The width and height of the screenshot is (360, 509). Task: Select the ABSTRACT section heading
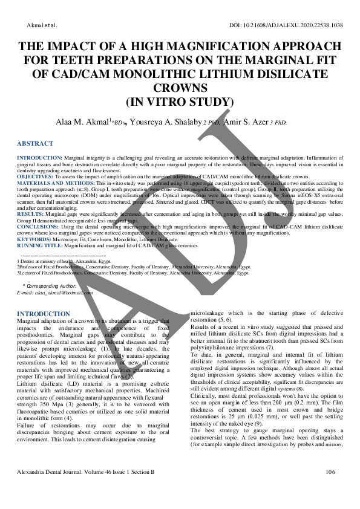[x=35, y=144]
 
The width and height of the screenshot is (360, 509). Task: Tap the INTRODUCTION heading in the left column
[x=44, y=314]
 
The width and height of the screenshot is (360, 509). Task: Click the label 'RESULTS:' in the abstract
[x=30, y=213]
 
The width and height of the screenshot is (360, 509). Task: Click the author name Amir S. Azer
[x=246, y=122]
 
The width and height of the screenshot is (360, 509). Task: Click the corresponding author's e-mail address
[x=55, y=293]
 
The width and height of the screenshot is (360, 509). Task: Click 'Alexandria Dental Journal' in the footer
[x=55, y=488]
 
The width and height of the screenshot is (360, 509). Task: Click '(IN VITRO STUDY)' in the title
[x=180, y=102]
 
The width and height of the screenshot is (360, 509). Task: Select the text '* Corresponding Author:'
[x=50, y=285]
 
